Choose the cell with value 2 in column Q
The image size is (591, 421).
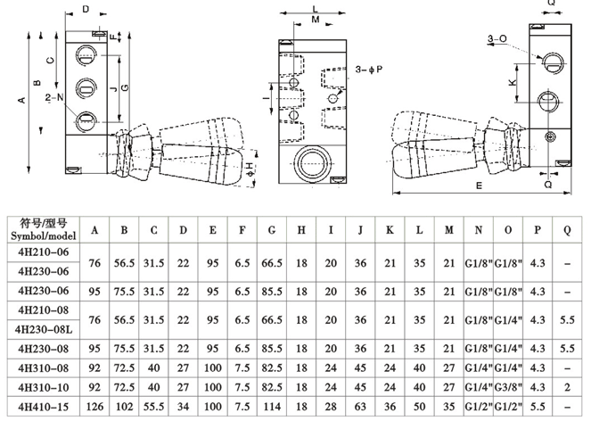pos(567,388)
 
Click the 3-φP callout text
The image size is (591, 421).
pos(368,69)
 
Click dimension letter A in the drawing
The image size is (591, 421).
pos(21,100)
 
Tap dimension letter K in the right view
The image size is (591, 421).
pos(512,82)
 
